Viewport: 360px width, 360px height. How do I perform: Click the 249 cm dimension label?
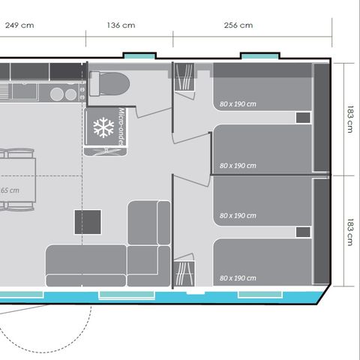[x=20, y=25]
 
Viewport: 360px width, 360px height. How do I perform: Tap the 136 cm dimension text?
[x=121, y=25]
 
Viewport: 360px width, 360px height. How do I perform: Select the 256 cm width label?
[x=238, y=25]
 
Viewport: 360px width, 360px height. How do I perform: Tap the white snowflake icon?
[x=102, y=127]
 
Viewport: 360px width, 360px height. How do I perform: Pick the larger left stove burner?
[x=57, y=94]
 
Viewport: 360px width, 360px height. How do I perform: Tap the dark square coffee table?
[x=88, y=223]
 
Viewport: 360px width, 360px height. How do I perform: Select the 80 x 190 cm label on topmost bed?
[x=238, y=104]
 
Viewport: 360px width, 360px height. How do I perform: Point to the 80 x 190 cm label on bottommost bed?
[x=238, y=277]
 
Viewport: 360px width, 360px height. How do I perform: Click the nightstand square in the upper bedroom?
[x=302, y=118]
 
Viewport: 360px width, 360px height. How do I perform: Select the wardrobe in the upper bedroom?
[x=184, y=78]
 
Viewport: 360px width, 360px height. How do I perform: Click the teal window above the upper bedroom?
[x=259, y=56]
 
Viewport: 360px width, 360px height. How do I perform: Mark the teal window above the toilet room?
[x=140, y=56]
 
